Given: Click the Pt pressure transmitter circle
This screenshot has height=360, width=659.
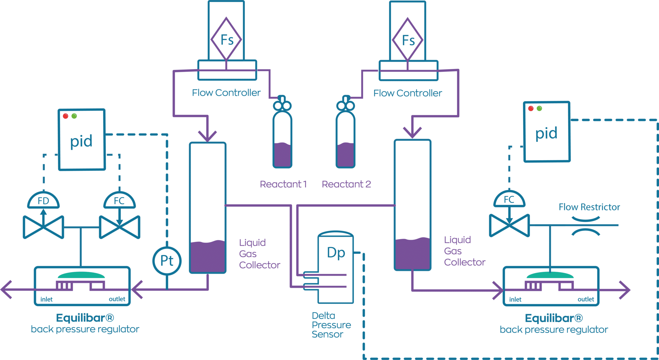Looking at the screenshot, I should tap(167, 261).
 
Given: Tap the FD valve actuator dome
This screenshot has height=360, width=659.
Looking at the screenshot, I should tap(43, 200).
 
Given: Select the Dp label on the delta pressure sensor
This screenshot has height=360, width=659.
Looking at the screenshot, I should tap(336, 253).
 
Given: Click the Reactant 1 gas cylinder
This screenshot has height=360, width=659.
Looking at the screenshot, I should tap(282, 138).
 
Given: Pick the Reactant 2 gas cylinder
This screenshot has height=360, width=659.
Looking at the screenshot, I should tap(345, 138).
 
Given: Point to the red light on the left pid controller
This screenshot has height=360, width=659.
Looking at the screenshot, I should tap(66, 116).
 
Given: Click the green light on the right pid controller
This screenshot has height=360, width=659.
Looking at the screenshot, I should tap(539, 108).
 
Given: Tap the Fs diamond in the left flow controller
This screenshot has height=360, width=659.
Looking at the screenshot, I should tap(226, 39).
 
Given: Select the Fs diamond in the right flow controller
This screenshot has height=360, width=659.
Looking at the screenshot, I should tap(408, 40).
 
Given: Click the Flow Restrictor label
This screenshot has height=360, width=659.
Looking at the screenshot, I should tap(589, 207).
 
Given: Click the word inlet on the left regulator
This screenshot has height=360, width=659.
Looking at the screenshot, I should tap(46, 300).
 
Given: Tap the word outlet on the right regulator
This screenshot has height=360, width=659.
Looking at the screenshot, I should tap(586, 299).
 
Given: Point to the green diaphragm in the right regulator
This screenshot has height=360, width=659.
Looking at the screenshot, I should tap(550, 275).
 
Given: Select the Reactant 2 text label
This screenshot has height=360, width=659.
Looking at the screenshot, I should tap(346, 184).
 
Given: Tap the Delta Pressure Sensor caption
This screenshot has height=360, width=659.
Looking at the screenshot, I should tap(331, 325).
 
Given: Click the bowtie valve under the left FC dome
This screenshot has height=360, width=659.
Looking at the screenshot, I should tap(119, 227).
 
